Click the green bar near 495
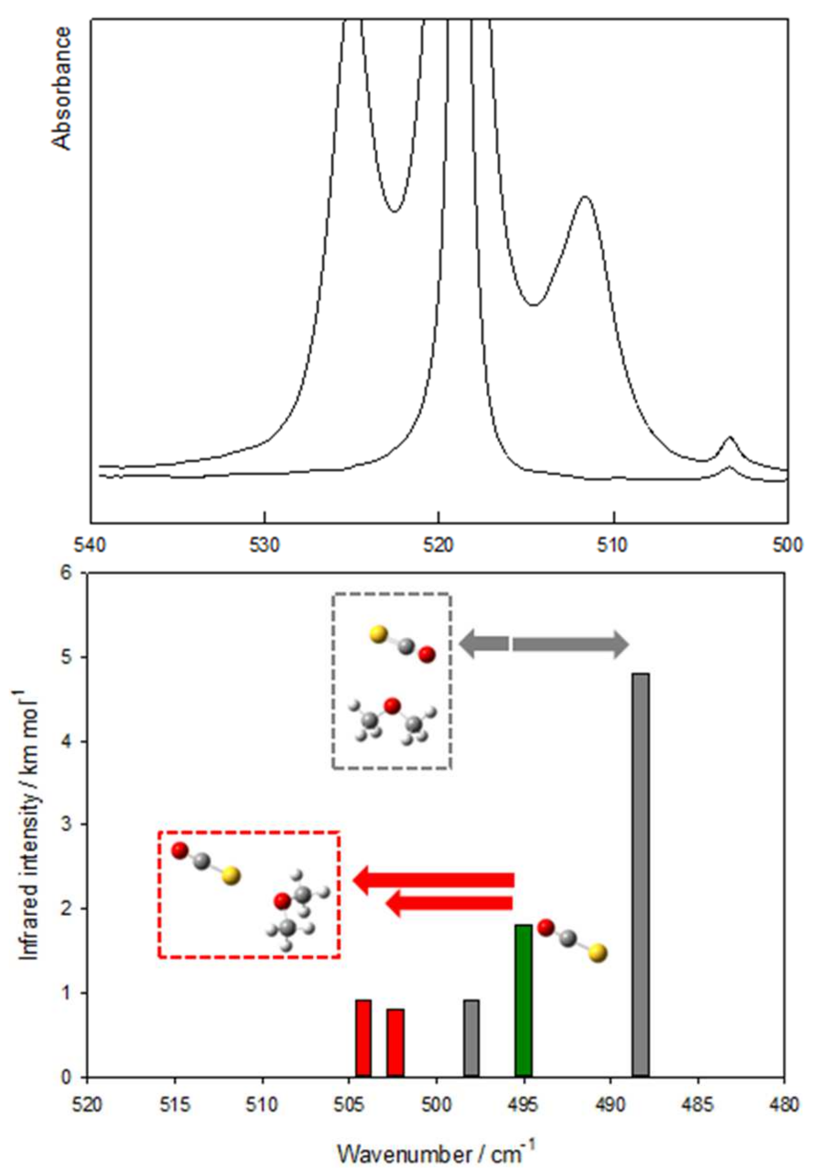pos(523,1001)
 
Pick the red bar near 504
pos(363,1038)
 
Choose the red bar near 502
pos(395,1043)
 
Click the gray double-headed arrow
pos(544,644)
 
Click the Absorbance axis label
pos(63,88)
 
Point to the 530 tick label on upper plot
pos(264,545)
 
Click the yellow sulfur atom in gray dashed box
pos(379,634)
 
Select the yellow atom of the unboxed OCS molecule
pos(597,953)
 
